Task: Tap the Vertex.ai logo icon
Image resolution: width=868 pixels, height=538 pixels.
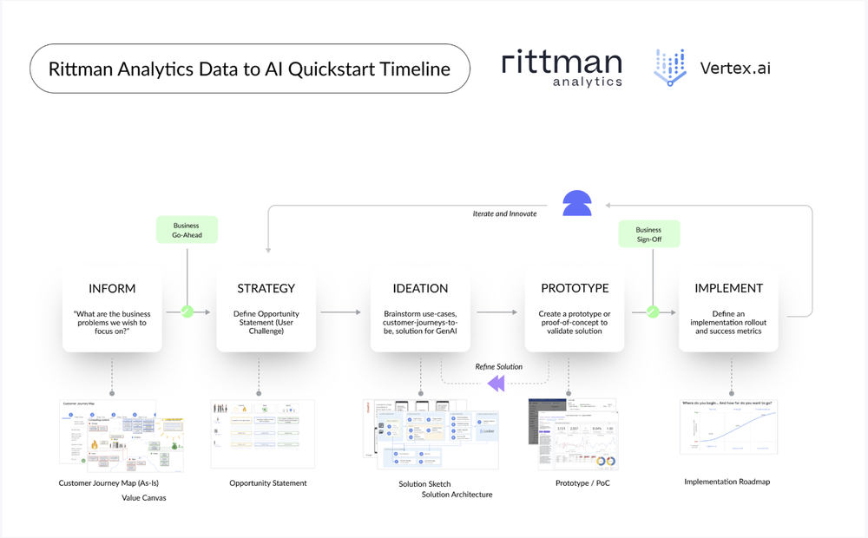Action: tap(669, 68)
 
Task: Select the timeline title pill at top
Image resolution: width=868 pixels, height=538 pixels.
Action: tap(249, 69)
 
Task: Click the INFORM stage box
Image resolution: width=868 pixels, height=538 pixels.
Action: tap(112, 309)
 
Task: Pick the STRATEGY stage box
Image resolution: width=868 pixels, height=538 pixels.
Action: tap(266, 309)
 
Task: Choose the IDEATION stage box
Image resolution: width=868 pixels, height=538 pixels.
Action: tap(420, 309)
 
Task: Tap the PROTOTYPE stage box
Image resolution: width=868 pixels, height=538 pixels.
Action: tap(575, 309)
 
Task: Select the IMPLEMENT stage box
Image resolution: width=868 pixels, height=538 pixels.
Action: tap(729, 309)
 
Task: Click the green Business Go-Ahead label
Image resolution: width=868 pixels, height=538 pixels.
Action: tap(187, 230)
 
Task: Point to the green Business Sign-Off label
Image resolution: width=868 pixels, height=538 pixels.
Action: tap(648, 234)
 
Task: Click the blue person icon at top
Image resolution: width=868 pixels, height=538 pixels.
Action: tap(577, 203)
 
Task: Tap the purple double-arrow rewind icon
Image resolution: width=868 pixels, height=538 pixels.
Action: tap(496, 383)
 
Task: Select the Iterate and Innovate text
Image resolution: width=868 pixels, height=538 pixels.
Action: tap(504, 213)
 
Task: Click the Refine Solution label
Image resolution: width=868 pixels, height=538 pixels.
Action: tap(498, 367)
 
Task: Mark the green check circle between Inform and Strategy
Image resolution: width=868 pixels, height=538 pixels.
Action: tap(187, 312)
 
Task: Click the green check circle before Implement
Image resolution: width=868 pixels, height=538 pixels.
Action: tap(653, 312)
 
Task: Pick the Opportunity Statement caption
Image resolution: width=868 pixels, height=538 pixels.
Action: tap(267, 483)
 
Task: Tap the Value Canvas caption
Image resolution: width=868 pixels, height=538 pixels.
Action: tap(143, 498)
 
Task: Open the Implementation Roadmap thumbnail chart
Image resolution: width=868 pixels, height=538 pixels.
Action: tap(727, 426)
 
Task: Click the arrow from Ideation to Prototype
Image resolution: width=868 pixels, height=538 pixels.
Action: tap(496, 312)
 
